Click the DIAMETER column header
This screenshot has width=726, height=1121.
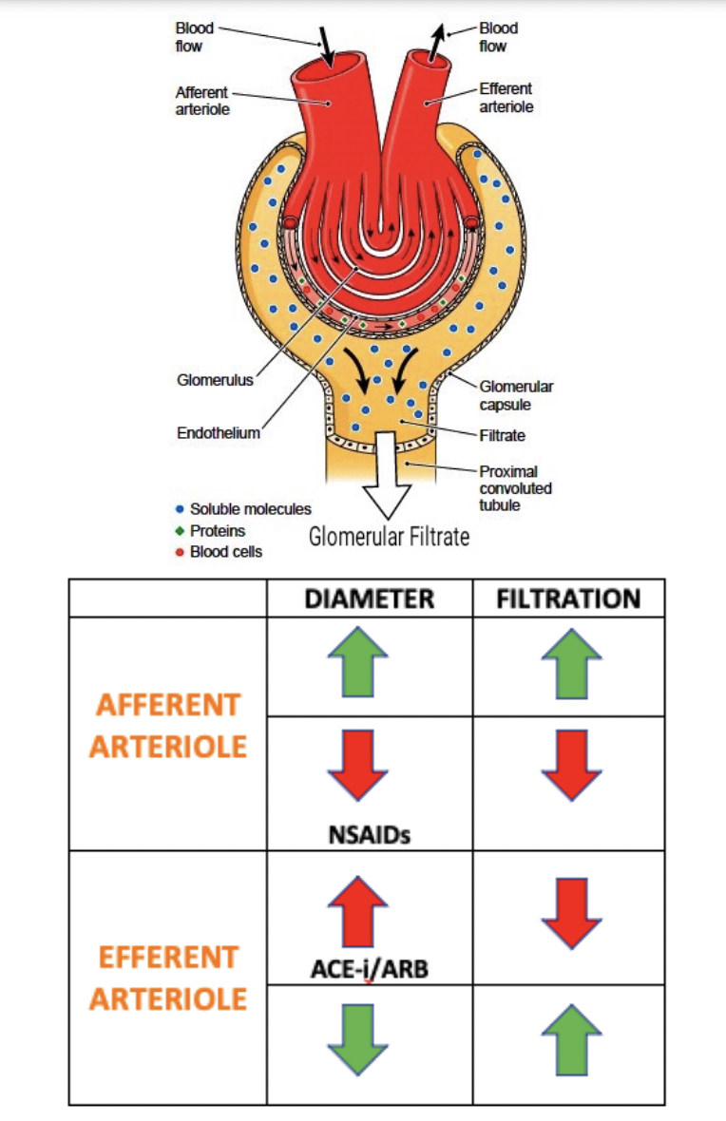pos(370,598)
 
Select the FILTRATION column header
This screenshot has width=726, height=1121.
pos(568,598)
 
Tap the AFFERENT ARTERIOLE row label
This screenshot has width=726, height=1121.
pos(167,725)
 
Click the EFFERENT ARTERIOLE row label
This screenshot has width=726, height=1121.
pos(167,978)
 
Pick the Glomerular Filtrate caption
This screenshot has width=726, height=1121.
pos(390,537)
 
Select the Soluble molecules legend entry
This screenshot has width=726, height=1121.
pos(250,509)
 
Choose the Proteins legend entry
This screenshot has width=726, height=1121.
pos(218,530)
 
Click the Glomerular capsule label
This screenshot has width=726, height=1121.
pos(516,395)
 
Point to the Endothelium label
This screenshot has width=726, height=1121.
pos(218,433)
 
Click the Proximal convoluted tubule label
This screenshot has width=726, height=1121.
pos(515,487)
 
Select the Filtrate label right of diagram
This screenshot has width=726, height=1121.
pos(502,436)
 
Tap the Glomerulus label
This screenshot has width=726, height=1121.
pos(215,381)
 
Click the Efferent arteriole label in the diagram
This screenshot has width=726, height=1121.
pos(506,98)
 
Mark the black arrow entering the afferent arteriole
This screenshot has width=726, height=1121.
pos(326,44)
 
